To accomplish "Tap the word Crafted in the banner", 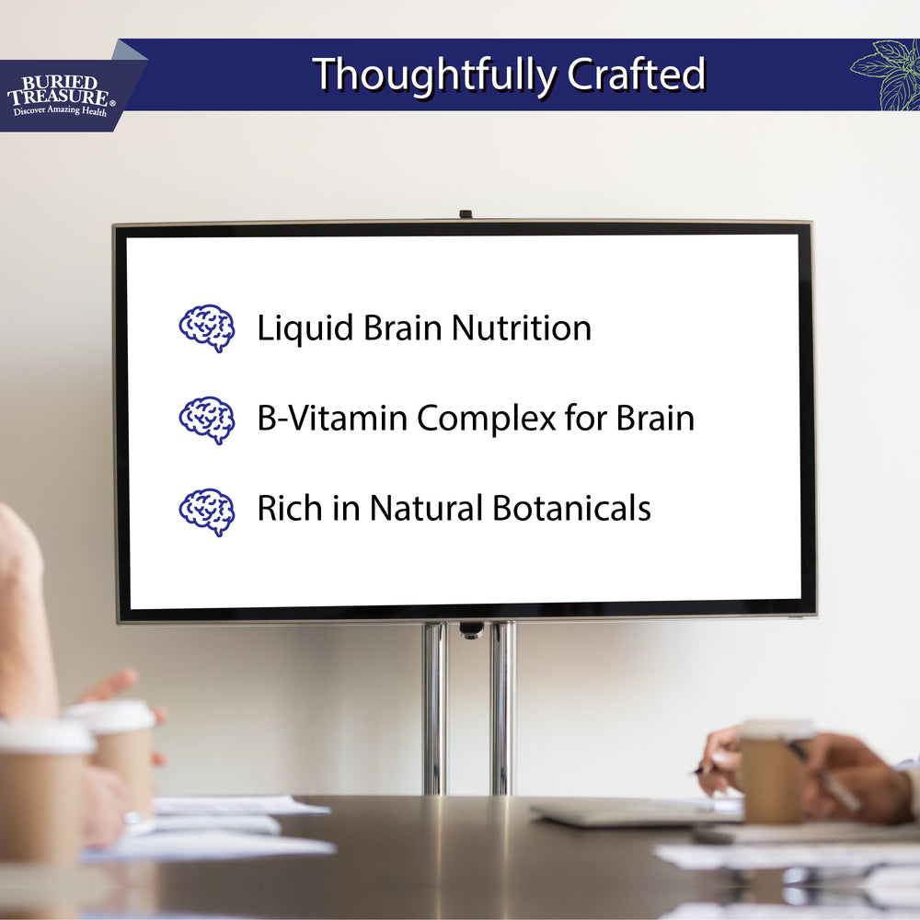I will click(x=636, y=75).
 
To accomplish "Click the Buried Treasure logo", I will click(x=61, y=92).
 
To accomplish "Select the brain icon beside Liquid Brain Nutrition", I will click(x=207, y=328).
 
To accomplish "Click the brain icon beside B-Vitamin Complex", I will click(x=207, y=420).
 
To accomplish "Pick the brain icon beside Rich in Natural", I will click(x=207, y=511).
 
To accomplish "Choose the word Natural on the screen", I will click(x=426, y=509).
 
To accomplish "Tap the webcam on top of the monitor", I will click(x=466, y=215).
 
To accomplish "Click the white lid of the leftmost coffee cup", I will click(x=44, y=737).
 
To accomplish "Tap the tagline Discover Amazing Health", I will click(x=60, y=111).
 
